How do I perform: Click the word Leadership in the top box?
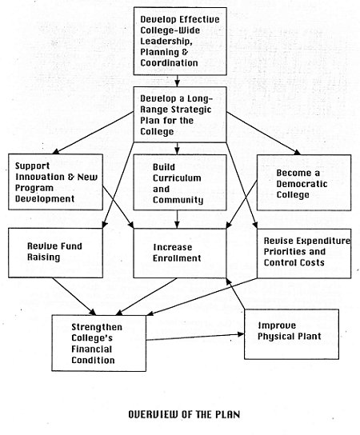[166, 42]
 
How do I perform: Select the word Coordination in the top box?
[169, 62]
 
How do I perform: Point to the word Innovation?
[40, 177]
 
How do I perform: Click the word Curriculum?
[177, 178]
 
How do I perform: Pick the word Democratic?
[302, 184]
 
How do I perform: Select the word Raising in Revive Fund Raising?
[43, 257]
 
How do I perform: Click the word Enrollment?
[177, 258]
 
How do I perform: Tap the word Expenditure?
[321, 241]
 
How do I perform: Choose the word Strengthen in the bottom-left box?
[97, 327]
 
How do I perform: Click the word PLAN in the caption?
[228, 414]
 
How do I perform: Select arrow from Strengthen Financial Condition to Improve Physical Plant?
[195, 337]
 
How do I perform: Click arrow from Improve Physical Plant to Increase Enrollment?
[236, 293]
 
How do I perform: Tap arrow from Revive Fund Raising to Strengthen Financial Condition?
[74, 297]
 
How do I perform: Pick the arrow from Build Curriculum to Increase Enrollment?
[177, 219]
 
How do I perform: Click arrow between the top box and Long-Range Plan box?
[177, 81]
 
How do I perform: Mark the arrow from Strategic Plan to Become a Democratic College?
[264, 134]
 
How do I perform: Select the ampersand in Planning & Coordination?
[185, 52]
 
